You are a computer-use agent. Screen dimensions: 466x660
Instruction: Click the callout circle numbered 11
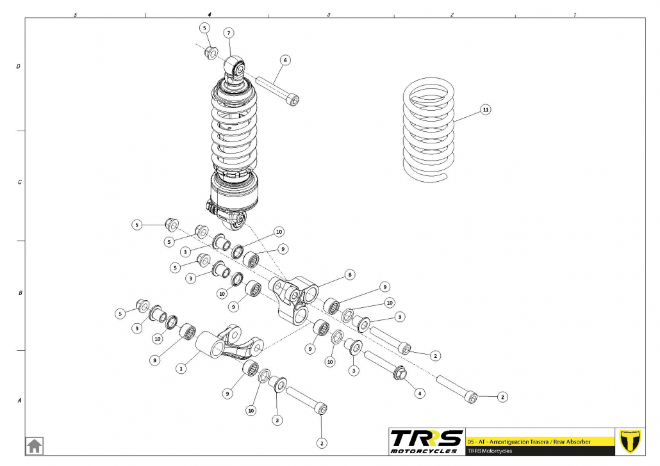pyautogui.click(x=486, y=110)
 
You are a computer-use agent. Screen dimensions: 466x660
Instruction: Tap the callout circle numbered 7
pyautogui.click(x=229, y=33)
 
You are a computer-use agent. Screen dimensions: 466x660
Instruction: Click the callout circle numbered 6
pyautogui.click(x=285, y=60)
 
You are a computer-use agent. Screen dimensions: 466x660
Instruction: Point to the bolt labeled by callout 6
pyautogui.click(x=278, y=90)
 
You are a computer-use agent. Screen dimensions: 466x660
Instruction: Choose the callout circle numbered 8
pyautogui.click(x=349, y=275)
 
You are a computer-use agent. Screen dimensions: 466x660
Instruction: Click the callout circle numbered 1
pyautogui.click(x=181, y=368)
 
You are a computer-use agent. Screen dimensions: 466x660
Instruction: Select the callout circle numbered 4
pyautogui.click(x=420, y=392)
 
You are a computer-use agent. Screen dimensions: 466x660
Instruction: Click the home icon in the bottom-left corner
pyautogui.click(x=34, y=445)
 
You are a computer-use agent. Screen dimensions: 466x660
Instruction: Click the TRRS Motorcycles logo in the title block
pyautogui.click(x=427, y=441)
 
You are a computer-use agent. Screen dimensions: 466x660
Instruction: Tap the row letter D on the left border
pyautogui.click(x=19, y=66)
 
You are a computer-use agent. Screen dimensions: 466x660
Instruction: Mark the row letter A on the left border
pyautogui.click(x=19, y=401)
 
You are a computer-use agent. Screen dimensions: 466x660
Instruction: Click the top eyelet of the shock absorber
pyautogui.click(x=235, y=66)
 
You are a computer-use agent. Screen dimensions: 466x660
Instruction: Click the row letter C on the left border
pyautogui.click(x=19, y=182)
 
